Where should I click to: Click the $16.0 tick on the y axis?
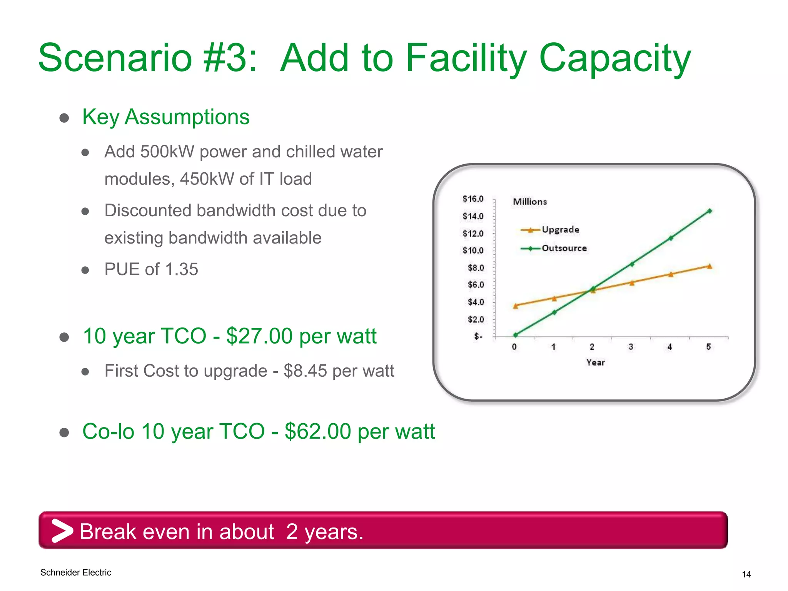(473, 199)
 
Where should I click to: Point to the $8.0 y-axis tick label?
(476, 268)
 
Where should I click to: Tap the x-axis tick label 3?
(631, 347)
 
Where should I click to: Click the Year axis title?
(595, 362)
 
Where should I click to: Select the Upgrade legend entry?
(560, 230)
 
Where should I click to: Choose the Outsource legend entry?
(564, 248)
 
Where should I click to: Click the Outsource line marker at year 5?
(710, 211)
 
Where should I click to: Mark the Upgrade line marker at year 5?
(710, 266)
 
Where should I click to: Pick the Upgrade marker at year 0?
(516, 306)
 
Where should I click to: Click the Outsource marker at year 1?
(554, 312)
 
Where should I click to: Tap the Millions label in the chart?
(529, 202)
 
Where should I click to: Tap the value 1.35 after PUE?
(181, 269)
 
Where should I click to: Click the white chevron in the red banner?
(62, 531)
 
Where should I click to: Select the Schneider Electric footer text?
(76, 573)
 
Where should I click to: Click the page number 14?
(746, 574)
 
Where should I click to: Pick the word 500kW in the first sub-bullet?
(167, 152)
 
